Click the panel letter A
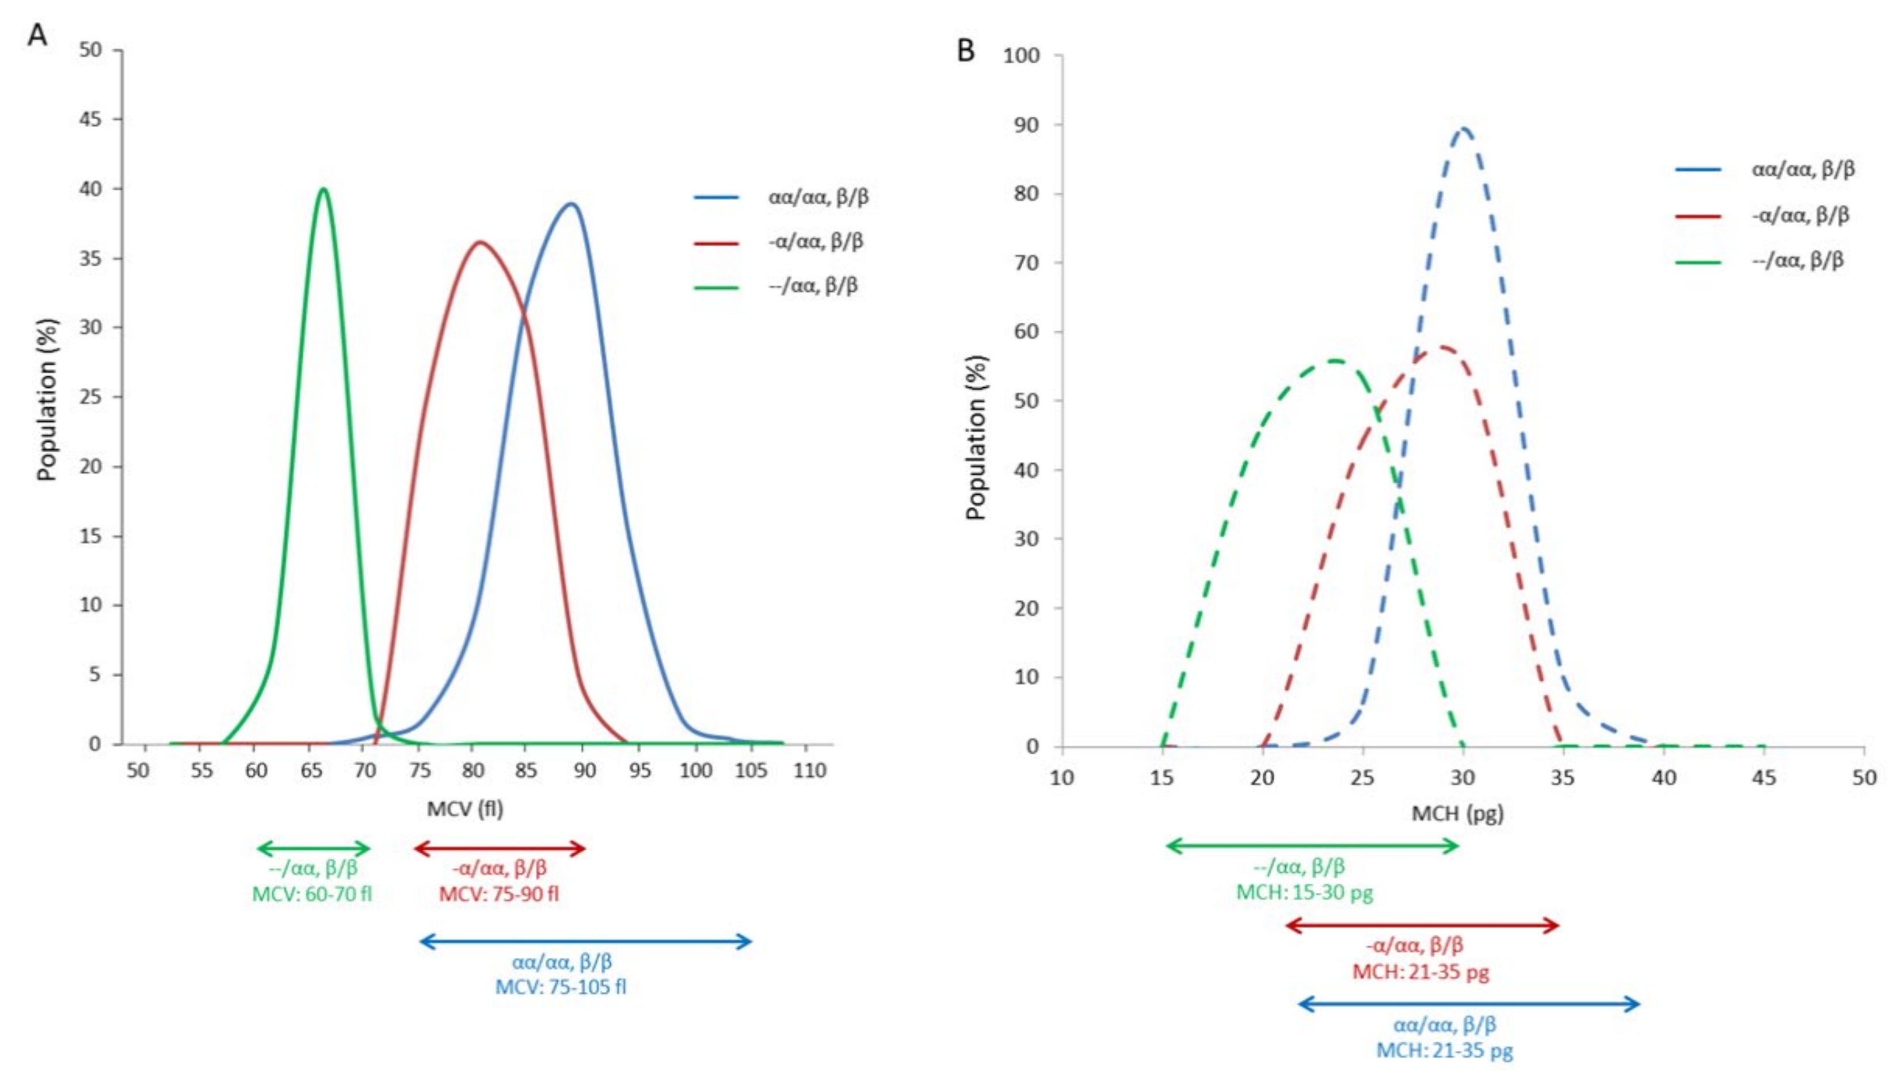tap(37, 34)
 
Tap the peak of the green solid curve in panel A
tap(323, 189)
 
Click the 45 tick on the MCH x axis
tap(1765, 777)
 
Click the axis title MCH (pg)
tap(1457, 814)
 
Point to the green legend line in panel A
tap(715, 287)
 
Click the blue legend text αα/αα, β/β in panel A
tap(818, 197)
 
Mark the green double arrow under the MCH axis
tap(1311, 846)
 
